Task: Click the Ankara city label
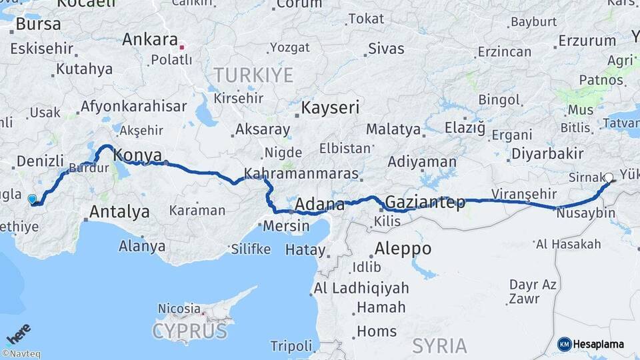click(x=150, y=39)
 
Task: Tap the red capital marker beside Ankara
click(x=181, y=47)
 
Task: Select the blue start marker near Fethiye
click(x=32, y=199)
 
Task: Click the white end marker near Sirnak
click(x=608, y=178)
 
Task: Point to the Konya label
click(x=138, y=155)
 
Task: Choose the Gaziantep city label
click(x=425, y=202)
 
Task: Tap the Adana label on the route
click(x=319, y=204)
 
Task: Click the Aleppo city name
click(x=403, y=249)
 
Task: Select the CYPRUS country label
click(x=190, y=331)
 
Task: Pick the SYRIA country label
click(x=440, y=345)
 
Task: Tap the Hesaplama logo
click(x=591, y=344)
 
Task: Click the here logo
click(x=19, y=334)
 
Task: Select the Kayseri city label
click(x=330, y=107)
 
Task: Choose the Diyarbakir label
click(x=547, y=154)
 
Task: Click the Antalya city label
click(x=119, y=212)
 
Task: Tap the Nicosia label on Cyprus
click(x=179, y=309)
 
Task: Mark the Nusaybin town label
click(x=585, y=213)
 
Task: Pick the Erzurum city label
click(x=587, y=41)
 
